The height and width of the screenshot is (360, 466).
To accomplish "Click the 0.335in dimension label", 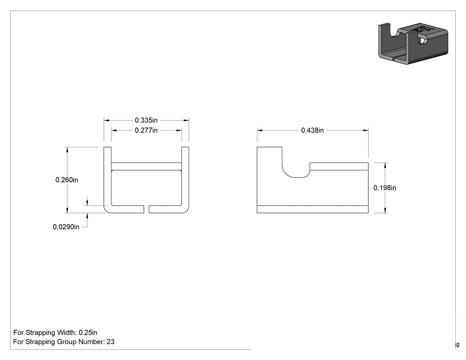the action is (146, 120).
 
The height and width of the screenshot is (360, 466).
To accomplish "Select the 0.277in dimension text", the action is (146, 130).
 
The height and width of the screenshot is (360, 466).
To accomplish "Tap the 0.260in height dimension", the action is (67, 180).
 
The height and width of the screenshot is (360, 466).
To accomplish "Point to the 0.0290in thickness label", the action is (66, 227).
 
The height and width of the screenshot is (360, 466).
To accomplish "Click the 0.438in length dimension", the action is (312, 130).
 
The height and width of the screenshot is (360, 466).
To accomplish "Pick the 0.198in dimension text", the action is (385, 188).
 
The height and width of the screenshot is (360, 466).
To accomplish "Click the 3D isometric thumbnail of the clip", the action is (413, 44).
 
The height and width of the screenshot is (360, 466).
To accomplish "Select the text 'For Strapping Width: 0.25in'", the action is (55, 332).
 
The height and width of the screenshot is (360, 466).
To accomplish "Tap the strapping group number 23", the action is (111, 342).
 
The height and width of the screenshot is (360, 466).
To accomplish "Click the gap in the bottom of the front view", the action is (146, 209).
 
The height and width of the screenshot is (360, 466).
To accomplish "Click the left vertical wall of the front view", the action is (107, 178).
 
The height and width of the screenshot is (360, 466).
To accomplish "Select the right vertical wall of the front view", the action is (185, 178).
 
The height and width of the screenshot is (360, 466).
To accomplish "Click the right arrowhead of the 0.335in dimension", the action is (186, 120).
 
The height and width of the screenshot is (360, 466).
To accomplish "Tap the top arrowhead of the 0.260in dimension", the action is (67, 150).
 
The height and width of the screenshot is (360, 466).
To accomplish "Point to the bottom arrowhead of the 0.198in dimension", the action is (386, 210).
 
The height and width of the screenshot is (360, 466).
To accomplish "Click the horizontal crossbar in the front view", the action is (146, 166).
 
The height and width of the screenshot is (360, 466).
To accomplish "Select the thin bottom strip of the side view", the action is (312, 209).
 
